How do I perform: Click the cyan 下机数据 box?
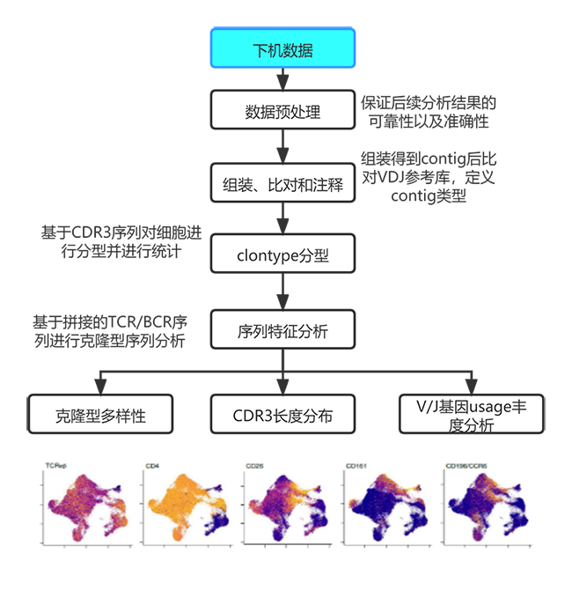pyautogui.click(x=282, y=48)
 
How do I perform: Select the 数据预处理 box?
pyautogui.click(x=282, y=111)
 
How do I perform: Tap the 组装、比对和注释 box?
pyautogui.click(x=282, y=186)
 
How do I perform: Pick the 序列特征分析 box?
pyautogui.click(x=282, y=331)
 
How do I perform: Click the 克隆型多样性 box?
pyautogui.click(x=99, y=415)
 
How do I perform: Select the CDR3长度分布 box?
pyautogui.click(x=282, y=415)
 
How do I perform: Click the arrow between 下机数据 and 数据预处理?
pyautogui.click(x=282, y=79)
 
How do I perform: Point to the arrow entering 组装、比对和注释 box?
pyautogui.click(x=282, y=153)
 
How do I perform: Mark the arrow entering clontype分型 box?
pyautogui.click(x=282, y=224)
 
